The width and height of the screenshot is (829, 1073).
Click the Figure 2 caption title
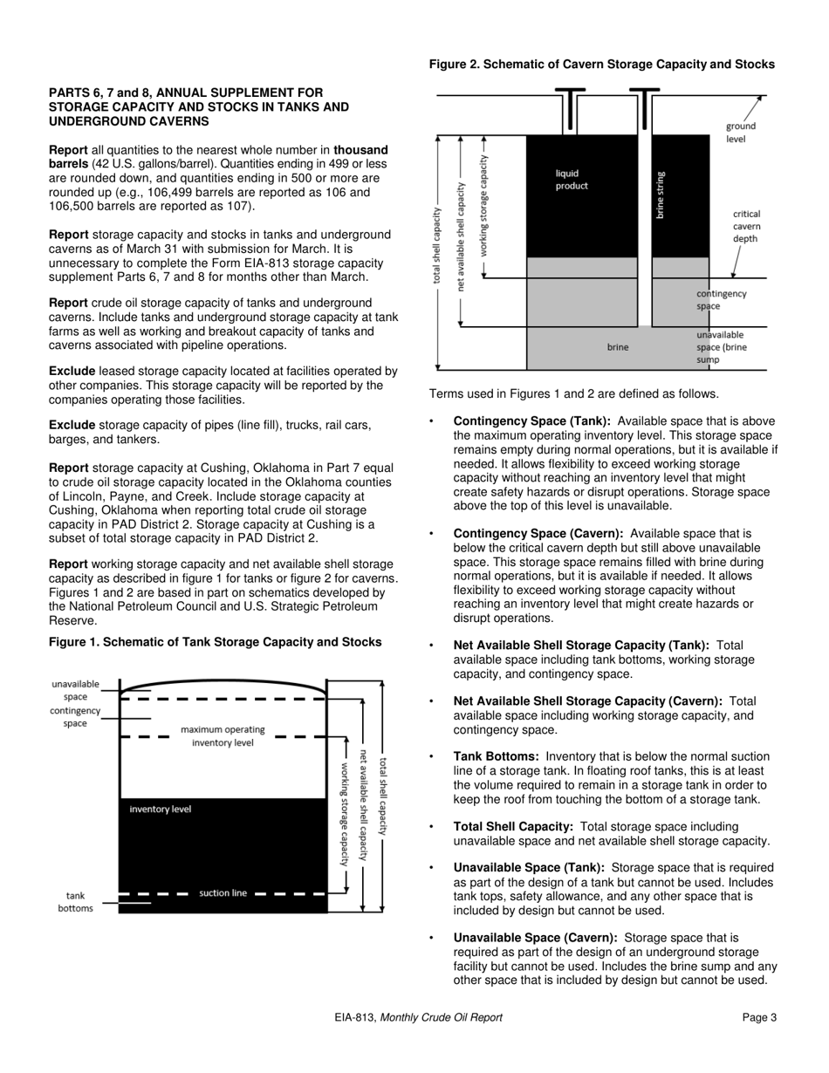coord(601,65)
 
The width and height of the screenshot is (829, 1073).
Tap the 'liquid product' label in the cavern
coord(572,180)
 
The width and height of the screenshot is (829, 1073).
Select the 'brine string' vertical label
coord(661,195)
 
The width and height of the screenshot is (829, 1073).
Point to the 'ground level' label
coord(740,133)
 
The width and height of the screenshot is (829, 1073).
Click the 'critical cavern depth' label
coord(746,226)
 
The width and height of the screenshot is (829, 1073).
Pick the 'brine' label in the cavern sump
coord(617,347)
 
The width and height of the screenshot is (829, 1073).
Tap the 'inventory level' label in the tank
coord(160,810)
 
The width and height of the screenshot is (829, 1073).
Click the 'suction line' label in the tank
coord(223,893)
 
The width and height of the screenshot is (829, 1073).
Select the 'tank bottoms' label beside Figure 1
coord(75,902)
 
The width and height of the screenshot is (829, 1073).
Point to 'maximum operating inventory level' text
coord(223,735)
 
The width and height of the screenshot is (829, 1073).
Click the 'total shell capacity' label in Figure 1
coord(383,796)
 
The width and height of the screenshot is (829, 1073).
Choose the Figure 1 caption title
coord(215,642)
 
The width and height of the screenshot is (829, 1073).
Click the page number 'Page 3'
coord(759,1017)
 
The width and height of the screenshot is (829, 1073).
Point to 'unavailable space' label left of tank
coord(76,691)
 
